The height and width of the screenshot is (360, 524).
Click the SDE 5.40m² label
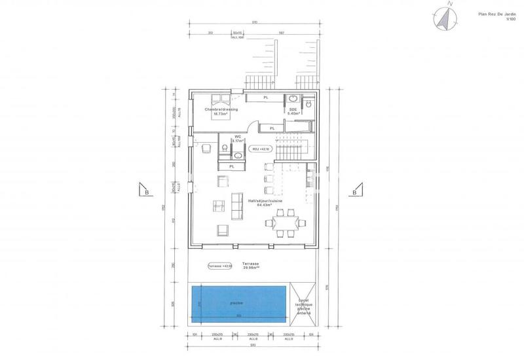tap(293, 111)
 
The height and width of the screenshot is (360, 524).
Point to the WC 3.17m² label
tap(238, 139)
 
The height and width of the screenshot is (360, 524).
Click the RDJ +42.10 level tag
tap(261, 149)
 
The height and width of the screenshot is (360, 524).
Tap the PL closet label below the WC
tap(231, 167)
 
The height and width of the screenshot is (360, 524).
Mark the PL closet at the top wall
tap(265, 98)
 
